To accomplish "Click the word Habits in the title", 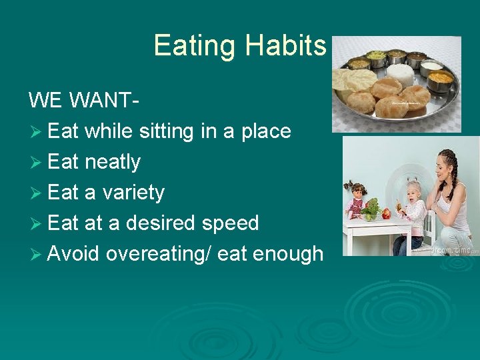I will tap(285, 45).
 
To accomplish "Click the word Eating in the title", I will tap(195, 45).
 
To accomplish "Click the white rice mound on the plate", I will tap(401, 73).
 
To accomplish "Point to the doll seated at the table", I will tap(358, 197).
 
